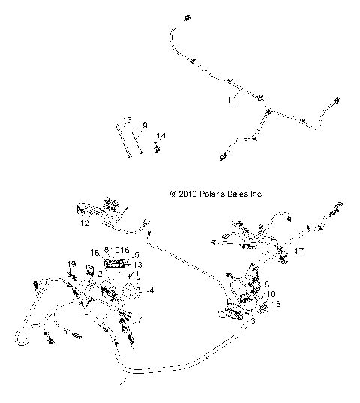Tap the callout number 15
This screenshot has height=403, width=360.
pos(127,120)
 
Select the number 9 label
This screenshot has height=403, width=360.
pos(145,125)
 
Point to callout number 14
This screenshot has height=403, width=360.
pos(160,136)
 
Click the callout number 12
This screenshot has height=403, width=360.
pos(85,223)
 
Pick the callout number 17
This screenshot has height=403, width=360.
pos(298,251)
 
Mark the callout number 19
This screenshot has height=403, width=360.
pos(72,265)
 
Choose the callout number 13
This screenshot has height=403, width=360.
pos(137,265)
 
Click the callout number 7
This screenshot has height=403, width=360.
pos(137,320)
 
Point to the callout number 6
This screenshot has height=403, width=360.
pos(265,284)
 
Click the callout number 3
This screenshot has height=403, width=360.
pos(253,321)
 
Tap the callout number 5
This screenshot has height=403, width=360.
pos(136,255)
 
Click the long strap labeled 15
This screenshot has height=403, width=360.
pos(124,139)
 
